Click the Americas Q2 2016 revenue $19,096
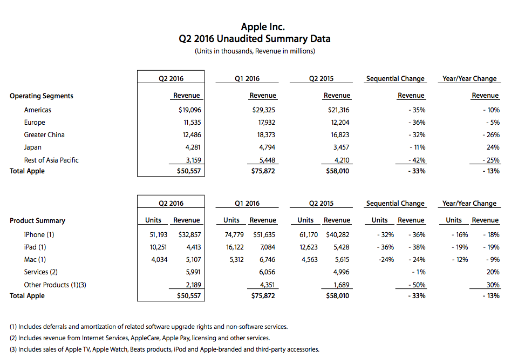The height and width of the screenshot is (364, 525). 189,110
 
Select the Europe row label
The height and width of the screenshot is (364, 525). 35,123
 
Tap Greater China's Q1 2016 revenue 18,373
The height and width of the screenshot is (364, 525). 266,134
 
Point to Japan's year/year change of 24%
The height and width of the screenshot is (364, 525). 493,147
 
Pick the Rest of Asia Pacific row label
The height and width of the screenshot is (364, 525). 51,160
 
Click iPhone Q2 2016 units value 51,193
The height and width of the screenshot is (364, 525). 158,234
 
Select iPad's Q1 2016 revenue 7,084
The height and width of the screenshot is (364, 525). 268,247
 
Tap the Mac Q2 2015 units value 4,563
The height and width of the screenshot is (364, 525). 309,259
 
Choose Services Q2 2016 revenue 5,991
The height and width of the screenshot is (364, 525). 194,272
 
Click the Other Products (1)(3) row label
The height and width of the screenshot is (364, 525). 55,285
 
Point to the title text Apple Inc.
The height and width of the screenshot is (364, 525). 263,27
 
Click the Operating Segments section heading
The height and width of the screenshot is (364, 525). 42,96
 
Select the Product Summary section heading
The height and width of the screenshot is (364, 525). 38,220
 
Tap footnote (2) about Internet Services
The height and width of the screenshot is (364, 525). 140,338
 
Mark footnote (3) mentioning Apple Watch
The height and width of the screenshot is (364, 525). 165,349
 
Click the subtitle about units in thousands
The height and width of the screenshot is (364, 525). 255,51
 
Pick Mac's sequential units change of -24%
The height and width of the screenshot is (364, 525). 386,259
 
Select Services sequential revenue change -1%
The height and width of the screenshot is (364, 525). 419,272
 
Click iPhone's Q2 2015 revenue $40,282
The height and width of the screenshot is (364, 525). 338,234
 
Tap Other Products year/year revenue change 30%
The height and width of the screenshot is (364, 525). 493,285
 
